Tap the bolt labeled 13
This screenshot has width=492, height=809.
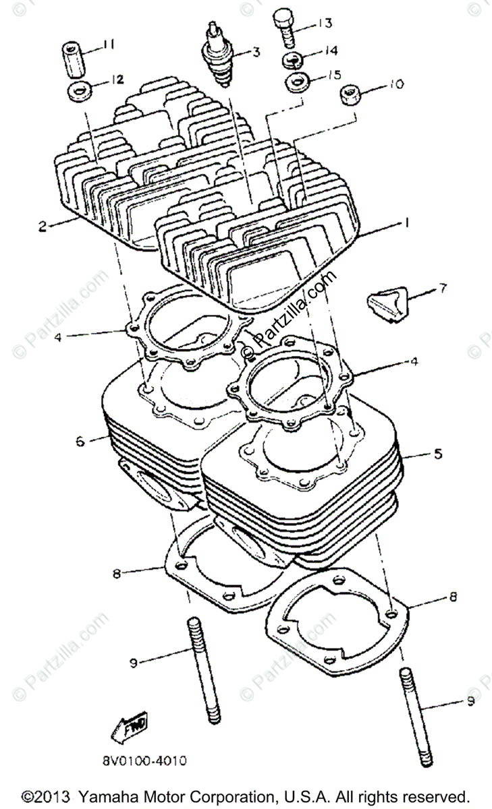tap(283, 28)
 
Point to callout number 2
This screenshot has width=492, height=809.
tap(42, 227)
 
